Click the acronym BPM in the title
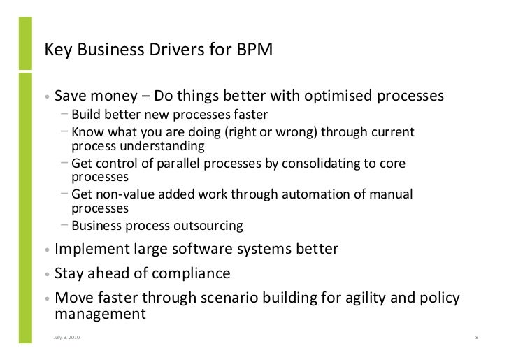click(259, 50)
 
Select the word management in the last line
click(100, 314)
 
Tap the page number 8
click(475, 339)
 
